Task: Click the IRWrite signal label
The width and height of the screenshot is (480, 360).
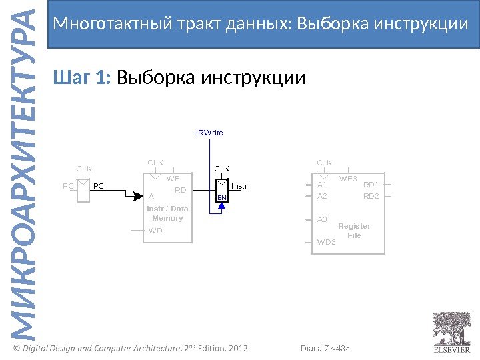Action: click(x=209, y=133)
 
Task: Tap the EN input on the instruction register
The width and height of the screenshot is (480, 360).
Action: click(x=222, y=198)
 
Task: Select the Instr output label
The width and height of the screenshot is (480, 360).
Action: click(x=239, y=186)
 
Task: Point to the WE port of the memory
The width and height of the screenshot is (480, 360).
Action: click(x=173, y=179)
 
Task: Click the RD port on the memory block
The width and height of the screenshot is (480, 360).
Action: click(x=179, y=190)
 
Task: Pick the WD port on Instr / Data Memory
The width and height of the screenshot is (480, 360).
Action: click(x=155, y=231)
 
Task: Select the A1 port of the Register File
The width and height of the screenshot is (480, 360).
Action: click(x=323, y=185)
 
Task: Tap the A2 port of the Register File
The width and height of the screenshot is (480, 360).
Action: click(x=323, y=196)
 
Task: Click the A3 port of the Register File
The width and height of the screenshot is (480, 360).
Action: click(x=323, y=219)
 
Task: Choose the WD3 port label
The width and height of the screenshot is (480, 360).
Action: click(x=327, y=242)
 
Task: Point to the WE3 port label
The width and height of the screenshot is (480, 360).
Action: click(x=348, y=179)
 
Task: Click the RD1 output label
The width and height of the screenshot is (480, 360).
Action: click(x=371, y=185)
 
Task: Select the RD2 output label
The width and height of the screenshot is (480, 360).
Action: click(x=371, y=196)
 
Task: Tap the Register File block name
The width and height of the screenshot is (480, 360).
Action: click(x=354, y=231)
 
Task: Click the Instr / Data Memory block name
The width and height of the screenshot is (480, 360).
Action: click(x=167, y=213)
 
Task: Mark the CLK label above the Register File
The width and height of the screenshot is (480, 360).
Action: click(x=324, y=163)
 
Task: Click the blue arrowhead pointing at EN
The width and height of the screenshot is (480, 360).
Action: click(x=223, y=206)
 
